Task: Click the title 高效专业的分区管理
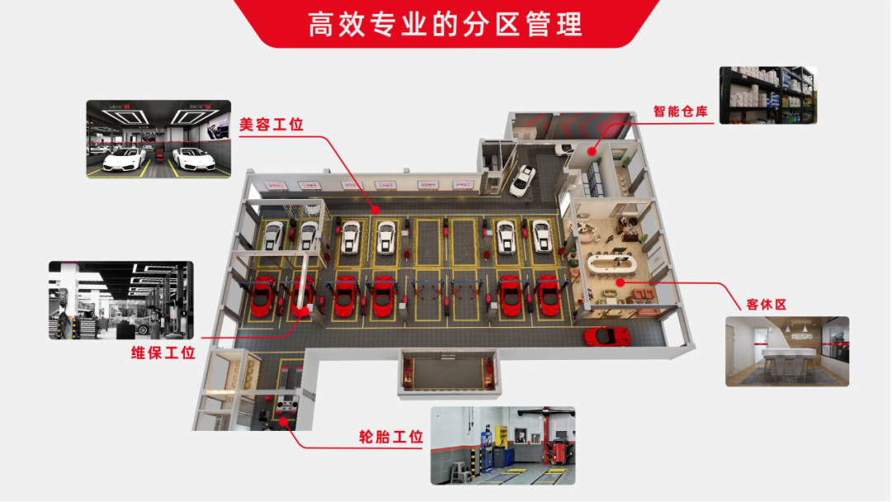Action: pyautogui.click(x=445, y=24)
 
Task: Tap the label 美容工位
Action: pyautogui.click(x=272, y=125)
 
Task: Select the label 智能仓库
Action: pyautogui.click(x=681, y=111)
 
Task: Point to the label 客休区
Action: pyautogui.click(x=766, y=305)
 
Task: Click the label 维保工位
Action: pyautogui.click(x=164, y=353)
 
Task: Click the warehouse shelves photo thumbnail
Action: pyautogui.click(x=767, y=95)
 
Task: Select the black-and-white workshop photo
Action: pyautogui.click(x=121, y=300)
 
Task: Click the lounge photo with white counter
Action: pyautogui.click(x=787, y=351)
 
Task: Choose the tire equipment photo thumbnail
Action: pyautogui.click(x=502, y=445)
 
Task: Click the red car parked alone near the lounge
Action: pyautogui.click(x=607, y=336)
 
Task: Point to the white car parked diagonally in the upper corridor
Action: pyautogui.click(x=523, y=180)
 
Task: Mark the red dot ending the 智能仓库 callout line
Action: pyautogui.click(x=592, y=151)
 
